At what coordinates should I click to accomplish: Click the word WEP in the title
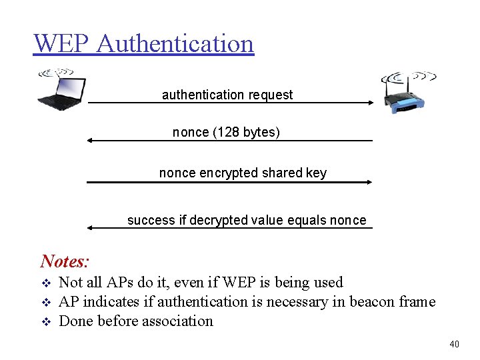[61, 43]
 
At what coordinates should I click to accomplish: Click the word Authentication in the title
[175, 43]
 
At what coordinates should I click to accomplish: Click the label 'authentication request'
[227, 95]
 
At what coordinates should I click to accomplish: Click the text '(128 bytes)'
[247, 132]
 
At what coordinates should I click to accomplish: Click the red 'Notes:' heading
[65, 261]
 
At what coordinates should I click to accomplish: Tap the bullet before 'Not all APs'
[45, 283]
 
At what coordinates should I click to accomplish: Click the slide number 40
[454, 344]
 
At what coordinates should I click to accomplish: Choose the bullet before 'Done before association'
[45, 322]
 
